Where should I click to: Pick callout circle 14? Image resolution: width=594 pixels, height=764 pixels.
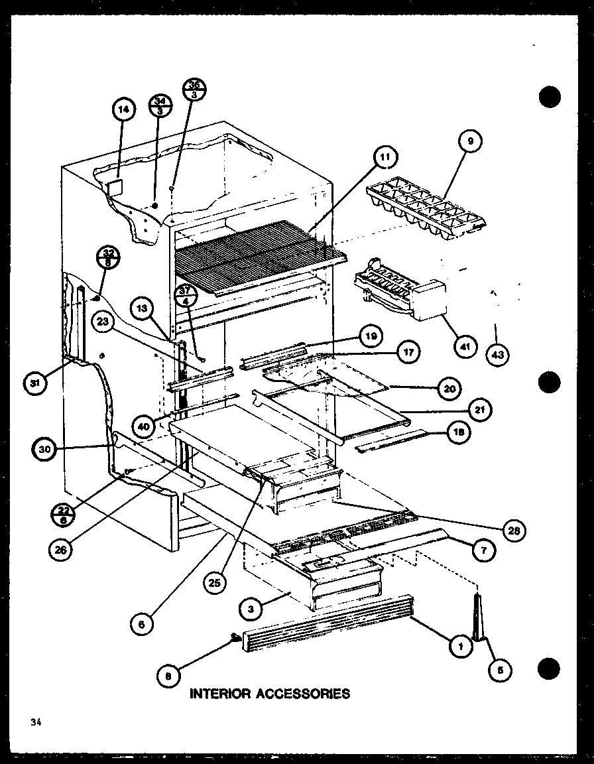coord(123,110)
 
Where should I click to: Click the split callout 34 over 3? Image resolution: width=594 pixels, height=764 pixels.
coord(160,106)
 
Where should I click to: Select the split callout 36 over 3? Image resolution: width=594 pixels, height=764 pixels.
coord(195,88)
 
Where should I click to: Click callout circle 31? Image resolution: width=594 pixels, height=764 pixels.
coord(33,383)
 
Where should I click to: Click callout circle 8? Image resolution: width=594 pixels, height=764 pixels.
coord(170,677)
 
